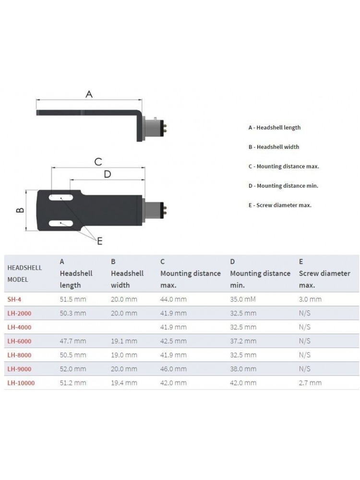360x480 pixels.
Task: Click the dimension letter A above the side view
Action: pyautogui.click(x=89, y=94)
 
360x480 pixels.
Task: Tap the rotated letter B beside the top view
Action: pyautogui.click(x=20, y=210)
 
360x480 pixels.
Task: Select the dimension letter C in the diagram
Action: pyautogui.click(x=98, y=162)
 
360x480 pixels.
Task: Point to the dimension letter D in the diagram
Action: pyautogui.click(x=107, y=174)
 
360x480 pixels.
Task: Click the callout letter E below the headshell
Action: pyautogui.click(x=100, y=241)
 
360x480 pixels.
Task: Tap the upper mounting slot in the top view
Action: pyautogui.click(x=61, y=197)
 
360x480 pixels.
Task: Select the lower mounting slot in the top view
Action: pyautogui.click(x=61, y=223)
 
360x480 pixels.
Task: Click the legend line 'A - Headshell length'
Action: pyautogui.click(x=275, y=128)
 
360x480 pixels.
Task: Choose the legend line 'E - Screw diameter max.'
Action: pyautogui.click(x=280, y=205)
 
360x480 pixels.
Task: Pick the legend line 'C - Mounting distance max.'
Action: pyautogui.click(x=284, y=167)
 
